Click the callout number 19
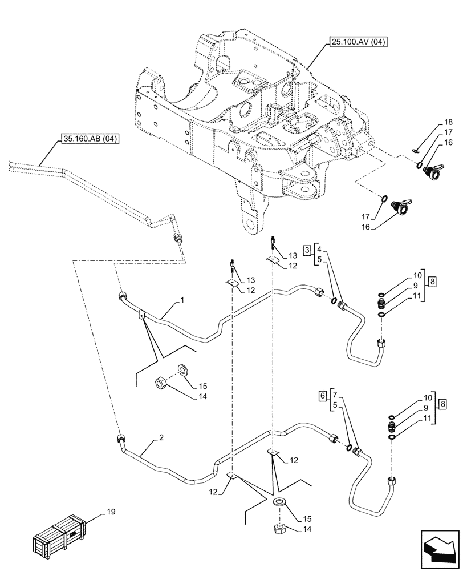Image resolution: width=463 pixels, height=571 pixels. [111, 512]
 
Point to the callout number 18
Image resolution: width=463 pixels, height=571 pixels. [448, 122]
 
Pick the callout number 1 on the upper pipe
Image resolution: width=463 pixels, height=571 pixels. [182, 300]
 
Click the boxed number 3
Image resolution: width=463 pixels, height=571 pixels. [308, 250]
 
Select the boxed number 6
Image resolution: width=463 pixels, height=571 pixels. [323, 395]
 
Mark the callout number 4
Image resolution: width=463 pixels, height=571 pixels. [319, 250]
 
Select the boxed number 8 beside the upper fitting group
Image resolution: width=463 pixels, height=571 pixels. [432, 282]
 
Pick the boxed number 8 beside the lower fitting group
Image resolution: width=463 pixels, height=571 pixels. [442, 404]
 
